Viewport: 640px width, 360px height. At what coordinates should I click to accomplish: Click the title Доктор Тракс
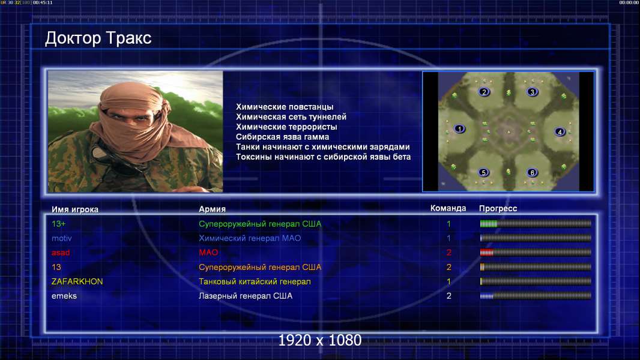pos(98,38)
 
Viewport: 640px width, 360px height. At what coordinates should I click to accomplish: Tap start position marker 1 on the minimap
pos(460,129)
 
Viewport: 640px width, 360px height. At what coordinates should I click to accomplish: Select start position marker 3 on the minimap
pos(532,92)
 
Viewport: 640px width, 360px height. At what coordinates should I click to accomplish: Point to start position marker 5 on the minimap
pos(484,172)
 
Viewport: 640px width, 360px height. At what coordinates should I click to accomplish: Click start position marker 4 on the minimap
pos(560,131)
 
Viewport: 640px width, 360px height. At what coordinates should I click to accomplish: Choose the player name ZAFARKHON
pos(77,282)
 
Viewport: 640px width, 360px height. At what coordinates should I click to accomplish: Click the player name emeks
pos(64,296)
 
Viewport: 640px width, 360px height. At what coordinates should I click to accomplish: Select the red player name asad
pos(61,253)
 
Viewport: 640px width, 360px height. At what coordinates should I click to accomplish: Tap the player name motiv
pos(62,238)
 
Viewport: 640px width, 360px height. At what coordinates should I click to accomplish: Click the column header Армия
pos(213,209)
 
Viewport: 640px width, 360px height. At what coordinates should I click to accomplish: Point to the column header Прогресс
pos(498,209)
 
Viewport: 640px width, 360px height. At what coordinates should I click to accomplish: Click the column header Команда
pos(448,208)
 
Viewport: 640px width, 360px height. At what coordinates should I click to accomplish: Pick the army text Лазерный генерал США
pos(246,296)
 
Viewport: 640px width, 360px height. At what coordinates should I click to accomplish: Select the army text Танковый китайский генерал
pos(255,282)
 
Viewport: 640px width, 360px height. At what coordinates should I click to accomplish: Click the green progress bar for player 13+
pos(489,223)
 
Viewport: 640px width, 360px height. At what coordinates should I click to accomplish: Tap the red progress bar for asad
pos(486,253)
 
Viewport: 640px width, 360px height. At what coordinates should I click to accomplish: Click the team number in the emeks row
pos(448,296)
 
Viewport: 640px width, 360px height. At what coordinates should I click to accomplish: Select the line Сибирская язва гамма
pos(282,137)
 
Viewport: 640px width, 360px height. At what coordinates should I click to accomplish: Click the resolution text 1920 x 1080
pos(319,340)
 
